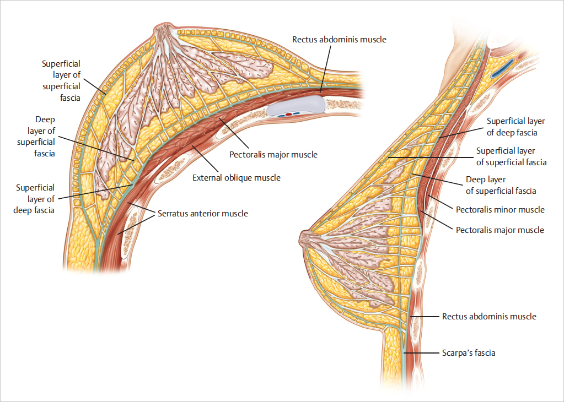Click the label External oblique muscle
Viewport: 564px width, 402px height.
click(x=236, y=178)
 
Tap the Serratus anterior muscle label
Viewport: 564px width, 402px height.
click(x=202, y=214)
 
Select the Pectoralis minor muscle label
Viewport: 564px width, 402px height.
click(x=500, y=210)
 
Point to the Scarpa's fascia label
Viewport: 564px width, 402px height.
click(x=469, y=353)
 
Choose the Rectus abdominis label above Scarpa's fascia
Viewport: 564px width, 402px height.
click(x=489, y=317)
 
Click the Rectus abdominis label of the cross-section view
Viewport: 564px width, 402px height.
click(x=339, y=40)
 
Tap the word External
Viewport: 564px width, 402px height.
click(x=207, y=178)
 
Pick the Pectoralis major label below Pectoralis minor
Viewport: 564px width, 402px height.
click(x=500, y=230)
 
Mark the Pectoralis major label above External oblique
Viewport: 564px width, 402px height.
click(x=273, y=155)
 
